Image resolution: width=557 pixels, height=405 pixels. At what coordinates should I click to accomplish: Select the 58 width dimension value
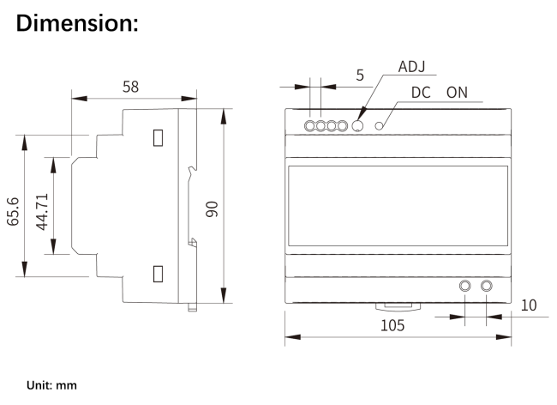tap(131, 87)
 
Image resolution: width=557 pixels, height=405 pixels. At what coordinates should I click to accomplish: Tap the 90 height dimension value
tap(212, 209)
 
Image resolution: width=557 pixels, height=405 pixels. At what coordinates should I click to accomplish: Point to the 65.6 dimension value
tap(14, 209)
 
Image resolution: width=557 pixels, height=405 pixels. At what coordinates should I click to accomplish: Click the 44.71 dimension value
tap(41, 209)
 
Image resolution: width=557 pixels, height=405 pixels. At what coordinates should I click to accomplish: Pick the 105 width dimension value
tap(395, 326)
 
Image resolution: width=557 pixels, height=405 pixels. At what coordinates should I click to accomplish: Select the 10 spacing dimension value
tap(528, 305)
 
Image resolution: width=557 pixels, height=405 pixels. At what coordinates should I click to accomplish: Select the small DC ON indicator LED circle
tap(377, 126)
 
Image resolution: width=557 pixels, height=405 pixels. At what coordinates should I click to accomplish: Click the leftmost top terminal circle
tap(310, 126)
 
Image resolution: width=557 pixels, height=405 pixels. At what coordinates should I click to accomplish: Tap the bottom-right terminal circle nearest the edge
tap(488, 286)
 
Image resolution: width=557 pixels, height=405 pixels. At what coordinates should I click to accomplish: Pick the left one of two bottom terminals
tap(466, 286)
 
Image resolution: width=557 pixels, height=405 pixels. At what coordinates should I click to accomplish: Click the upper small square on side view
tap(159, 136)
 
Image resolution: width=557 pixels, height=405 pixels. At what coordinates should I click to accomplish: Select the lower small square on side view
tap(159, 274)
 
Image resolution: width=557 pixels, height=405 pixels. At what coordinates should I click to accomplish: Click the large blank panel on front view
tap(398, 208)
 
